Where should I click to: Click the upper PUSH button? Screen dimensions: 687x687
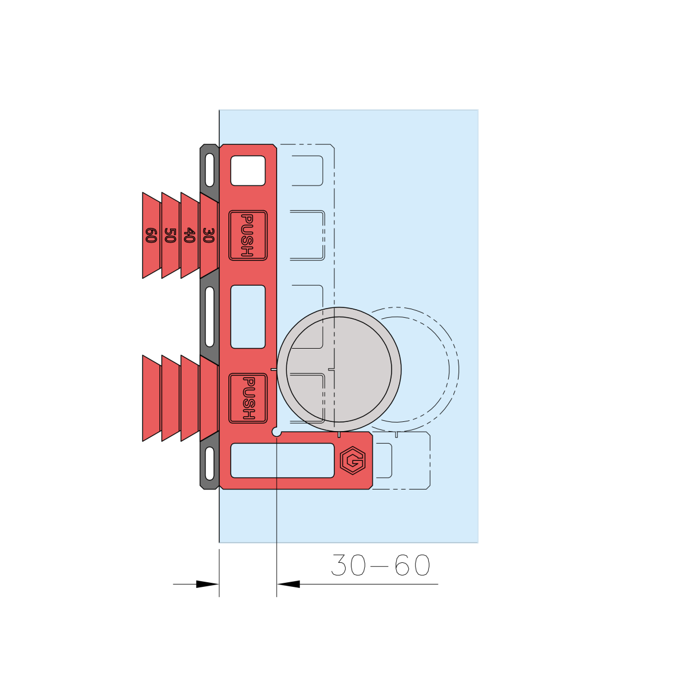(x=248, y=235)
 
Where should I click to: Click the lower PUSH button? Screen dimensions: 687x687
(x=248, y=398)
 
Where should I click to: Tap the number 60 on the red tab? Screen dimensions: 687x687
(x=151, y=235)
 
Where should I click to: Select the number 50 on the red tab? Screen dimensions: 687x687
(x=170, y=235)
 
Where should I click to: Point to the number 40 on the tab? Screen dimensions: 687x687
(x=189, y=235)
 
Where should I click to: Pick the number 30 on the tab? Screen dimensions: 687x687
(x=208, y=235)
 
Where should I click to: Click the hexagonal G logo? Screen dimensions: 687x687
(x=353, y=461)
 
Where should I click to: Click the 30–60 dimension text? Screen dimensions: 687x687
(x=380, y=565)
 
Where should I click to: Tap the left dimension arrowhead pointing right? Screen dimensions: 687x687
(x=207, y=585)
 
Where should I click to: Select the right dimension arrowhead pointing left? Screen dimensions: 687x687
(x=289, y=585)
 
